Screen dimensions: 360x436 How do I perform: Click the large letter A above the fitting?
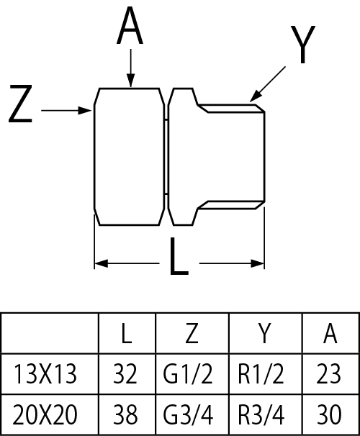(130, 26)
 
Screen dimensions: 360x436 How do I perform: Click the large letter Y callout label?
(303, 45)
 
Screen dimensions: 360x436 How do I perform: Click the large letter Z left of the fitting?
(21, 104)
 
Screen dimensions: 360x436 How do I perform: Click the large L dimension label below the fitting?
(179, 256)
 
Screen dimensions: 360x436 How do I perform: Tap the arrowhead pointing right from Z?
(85, 110)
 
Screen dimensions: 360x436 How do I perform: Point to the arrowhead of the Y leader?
(255, 96)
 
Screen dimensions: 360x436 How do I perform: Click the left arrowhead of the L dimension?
(101, 263)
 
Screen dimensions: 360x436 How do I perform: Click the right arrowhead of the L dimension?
(257, 263)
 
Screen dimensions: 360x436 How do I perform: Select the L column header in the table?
(127, 333)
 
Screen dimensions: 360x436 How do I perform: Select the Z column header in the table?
(192, 333)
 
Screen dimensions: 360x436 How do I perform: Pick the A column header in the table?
(330, 333)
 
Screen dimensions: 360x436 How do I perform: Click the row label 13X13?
(45, 374)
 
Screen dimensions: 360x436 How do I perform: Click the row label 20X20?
(45, 414)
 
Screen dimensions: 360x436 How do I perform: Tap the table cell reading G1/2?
(188, 374)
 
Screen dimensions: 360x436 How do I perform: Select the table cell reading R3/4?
(261, 414)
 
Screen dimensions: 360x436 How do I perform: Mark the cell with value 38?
(125, 414)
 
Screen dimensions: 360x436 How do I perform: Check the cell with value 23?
(328, 374)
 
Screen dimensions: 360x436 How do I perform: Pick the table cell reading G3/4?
(188, 414)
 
